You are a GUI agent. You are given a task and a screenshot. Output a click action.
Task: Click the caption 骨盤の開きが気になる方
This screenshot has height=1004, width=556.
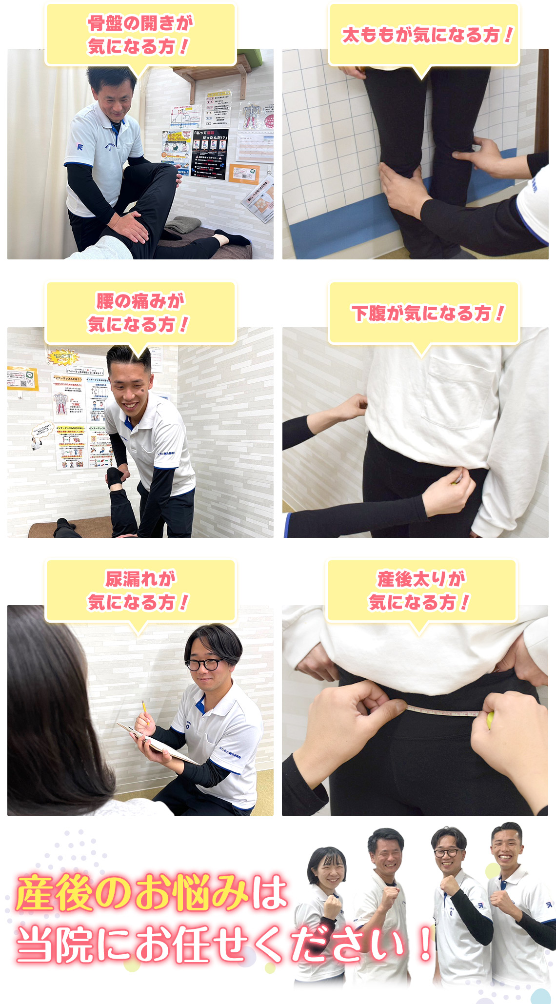pyautogui.click(x=140, y=35)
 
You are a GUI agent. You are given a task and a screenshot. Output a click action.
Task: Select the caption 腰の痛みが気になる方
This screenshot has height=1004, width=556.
pyautogui.click(x=140, y=313)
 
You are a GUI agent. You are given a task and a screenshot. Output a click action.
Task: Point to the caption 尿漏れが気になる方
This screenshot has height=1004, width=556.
pyautogui.click(x=140, y=591)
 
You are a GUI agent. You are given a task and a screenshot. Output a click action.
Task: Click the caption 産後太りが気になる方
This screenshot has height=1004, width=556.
pyautogui.click(x=421, y=591)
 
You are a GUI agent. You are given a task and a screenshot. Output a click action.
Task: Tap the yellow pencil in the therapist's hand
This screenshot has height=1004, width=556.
pyautogui.click(x=145, y=710)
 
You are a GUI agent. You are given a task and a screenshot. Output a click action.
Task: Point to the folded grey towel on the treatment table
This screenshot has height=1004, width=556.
pyautogui.click(x=183, y=225)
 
